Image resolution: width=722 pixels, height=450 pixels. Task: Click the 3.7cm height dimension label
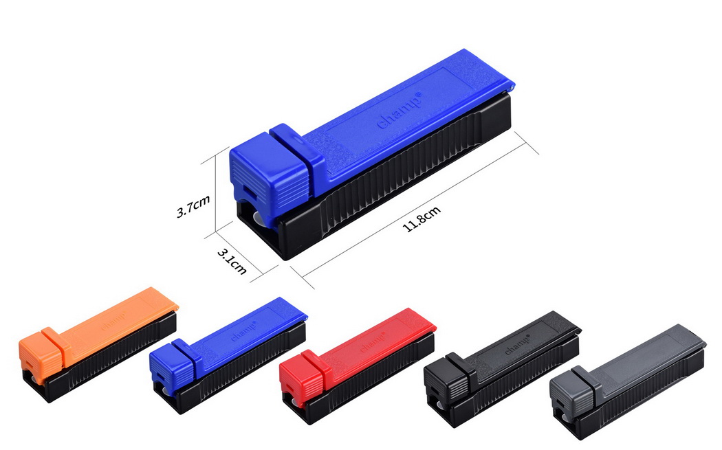[x=193, y=205]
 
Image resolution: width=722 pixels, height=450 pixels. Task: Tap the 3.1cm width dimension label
[x=232, y=261]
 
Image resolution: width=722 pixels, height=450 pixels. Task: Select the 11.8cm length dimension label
[x=422, y=218]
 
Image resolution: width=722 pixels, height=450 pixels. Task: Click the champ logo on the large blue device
[x=400, y=111]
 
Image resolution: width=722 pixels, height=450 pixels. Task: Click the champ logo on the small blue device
[x=243, y=331]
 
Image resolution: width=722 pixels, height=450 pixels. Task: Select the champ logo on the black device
[x=517, y=344]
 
